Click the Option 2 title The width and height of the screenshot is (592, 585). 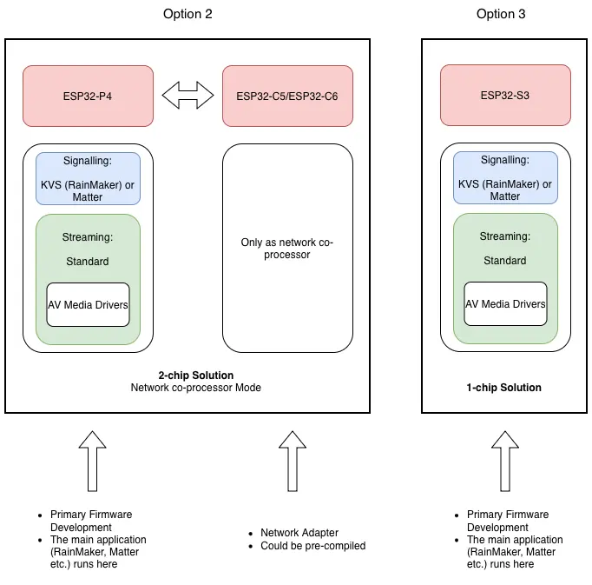pos(187,14)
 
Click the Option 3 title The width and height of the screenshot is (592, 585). pos(501,14)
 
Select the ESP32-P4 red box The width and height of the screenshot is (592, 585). pos(89,96)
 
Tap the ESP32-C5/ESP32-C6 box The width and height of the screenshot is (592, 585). pos(287,96)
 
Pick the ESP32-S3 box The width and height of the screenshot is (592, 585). pos(505,96)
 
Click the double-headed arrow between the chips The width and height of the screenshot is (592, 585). pos(188,95)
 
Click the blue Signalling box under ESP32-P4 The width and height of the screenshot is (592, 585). pos(88,179)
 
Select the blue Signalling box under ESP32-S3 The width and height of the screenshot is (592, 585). pos(505,178)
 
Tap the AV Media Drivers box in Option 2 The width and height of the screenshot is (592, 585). pos(88,304)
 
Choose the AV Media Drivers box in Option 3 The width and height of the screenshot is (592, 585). pos(505,304)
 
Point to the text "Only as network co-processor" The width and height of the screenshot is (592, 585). pos(287,249)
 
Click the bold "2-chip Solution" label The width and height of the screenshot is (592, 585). pos(196,376)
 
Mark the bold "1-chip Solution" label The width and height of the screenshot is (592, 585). pos(504,388)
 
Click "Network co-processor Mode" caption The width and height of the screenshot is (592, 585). pos(196,388)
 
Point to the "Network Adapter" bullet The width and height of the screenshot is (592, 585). pos(299,533)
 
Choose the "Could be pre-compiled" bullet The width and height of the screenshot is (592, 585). pos(313,546)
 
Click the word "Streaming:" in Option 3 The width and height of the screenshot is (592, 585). pos(505,236)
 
